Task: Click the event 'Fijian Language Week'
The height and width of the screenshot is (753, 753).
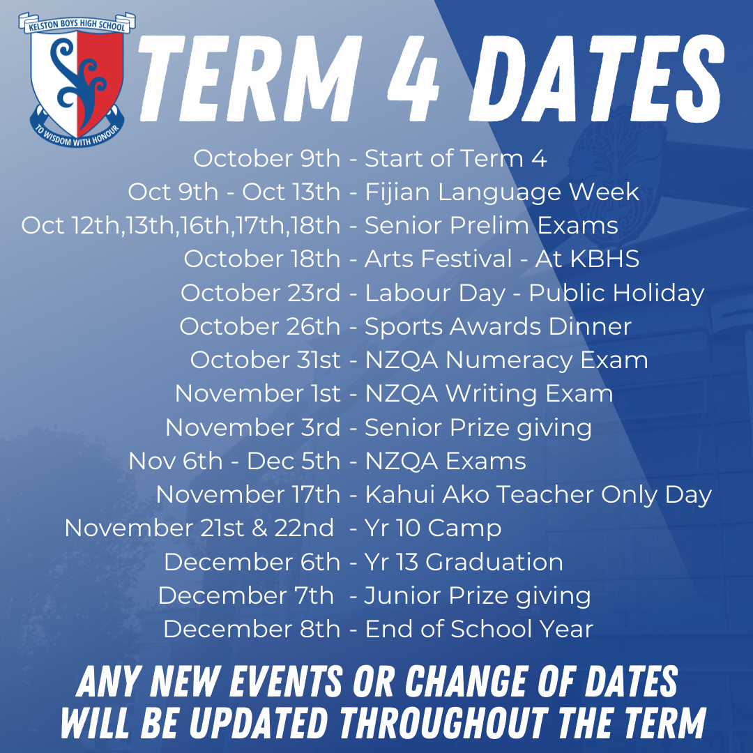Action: point(502,192)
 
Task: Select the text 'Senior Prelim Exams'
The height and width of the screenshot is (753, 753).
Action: point(492,226)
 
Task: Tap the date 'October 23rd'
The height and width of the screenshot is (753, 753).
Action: point(261,293)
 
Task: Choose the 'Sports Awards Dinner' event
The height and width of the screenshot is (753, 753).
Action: point(499,326)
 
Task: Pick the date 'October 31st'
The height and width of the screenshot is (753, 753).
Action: point(266,360)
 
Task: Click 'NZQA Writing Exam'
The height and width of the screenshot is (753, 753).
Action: point(489,394)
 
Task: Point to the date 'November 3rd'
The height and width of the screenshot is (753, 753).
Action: point(253,427)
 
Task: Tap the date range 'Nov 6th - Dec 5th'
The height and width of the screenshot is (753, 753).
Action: point(234,461)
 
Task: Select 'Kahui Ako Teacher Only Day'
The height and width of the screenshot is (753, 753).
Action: point(538,495)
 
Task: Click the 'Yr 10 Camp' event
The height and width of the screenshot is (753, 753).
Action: point(433,528)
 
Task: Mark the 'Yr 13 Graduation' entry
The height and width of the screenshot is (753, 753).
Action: point(464,562)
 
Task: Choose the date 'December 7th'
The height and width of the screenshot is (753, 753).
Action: point(246,595)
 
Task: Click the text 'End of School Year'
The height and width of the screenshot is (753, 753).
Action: point(479,630)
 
